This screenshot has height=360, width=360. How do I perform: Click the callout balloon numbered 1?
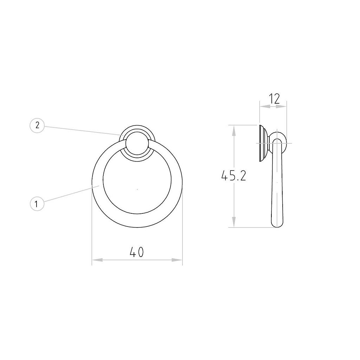37,204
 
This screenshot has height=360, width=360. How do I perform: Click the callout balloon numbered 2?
37,126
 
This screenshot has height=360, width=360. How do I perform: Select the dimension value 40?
137,252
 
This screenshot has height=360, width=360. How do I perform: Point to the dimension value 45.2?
233,176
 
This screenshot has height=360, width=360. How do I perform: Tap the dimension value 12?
274,99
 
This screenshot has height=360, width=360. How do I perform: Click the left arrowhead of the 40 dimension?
97,260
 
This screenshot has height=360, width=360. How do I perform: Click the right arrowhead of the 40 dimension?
177,260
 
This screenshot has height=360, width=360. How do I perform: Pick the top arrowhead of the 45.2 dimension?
234,130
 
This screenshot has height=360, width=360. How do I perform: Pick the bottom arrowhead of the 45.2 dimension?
234,222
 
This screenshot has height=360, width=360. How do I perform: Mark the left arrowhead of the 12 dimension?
265,106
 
